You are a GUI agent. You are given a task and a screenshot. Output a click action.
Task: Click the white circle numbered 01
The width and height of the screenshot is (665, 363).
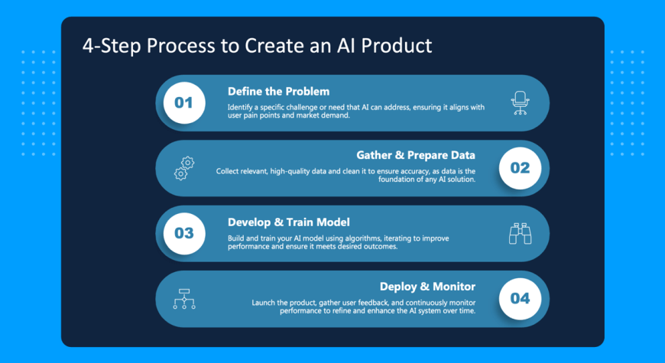[x=184, y=102]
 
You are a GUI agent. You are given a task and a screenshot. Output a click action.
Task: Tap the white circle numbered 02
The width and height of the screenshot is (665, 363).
[x=520, y=168]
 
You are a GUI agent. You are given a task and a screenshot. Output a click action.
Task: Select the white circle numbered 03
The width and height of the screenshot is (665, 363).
[x=184, y=233]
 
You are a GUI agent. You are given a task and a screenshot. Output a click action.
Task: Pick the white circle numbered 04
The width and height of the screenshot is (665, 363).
[x=520, y=299]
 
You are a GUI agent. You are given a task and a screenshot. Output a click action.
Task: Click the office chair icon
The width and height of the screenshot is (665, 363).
[x=521, y=103]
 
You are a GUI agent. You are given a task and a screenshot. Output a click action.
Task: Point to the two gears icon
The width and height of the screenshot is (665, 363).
[x=184, y=168]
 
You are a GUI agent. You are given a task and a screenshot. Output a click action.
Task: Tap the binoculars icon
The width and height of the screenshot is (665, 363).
[x=521, y=233]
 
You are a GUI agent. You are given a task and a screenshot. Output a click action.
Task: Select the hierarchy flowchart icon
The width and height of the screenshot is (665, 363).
[x=184, y=299]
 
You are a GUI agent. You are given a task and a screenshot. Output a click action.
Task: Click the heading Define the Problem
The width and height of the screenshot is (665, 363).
[x=279, y=92]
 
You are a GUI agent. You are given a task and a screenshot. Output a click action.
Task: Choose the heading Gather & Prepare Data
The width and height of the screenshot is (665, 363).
[x=416, y=155]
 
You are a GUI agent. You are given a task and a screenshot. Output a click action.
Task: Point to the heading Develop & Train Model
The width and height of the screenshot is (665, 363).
[x=289, y=222]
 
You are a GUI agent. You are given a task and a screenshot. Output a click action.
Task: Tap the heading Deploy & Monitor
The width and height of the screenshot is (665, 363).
[x=427, y=287]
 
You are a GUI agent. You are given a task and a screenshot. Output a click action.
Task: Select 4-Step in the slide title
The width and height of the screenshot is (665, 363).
[x=112, y=46]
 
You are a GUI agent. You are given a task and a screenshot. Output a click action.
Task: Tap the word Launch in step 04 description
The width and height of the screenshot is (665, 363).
[x=264, y=303]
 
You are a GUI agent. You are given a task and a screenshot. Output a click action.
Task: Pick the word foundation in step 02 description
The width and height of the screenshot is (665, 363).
[x=396, y=180]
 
